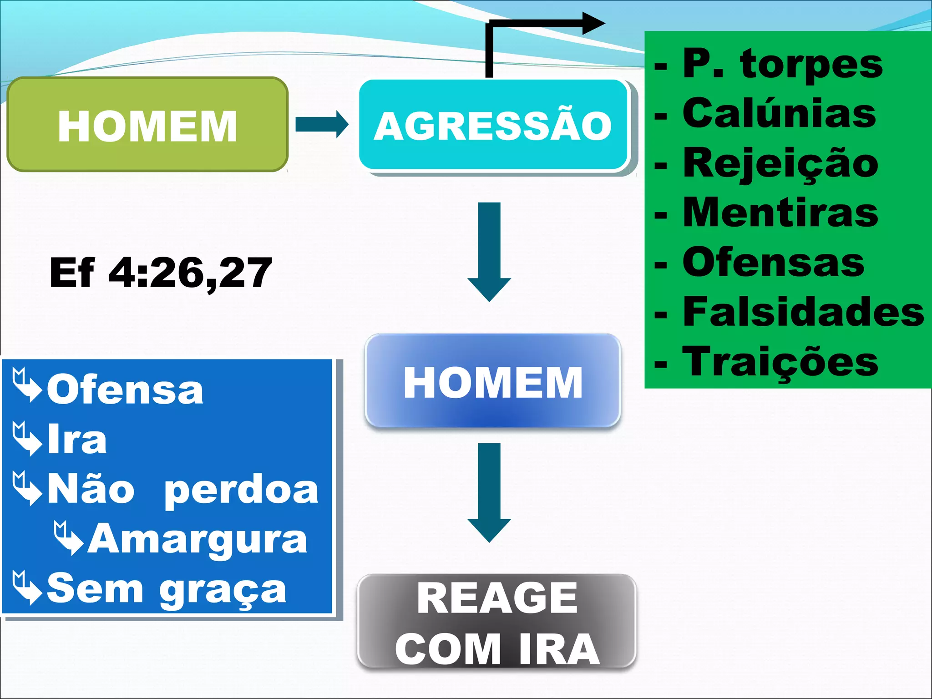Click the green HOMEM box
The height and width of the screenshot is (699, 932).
click(147, 125)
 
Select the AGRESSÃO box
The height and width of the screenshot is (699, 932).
click(493, 126)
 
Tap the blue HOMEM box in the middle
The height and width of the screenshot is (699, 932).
click(493, 381)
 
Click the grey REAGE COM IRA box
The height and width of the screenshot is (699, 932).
click(496, 622)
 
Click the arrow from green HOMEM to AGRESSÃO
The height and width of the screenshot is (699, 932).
click(322, 124)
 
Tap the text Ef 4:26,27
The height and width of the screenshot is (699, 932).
click(160, 273)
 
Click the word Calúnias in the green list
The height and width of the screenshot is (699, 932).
click(779, 113)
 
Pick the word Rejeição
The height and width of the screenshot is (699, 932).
click(780, 164)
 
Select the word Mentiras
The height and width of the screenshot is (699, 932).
click(780, 213)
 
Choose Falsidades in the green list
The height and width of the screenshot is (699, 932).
click(803, 312)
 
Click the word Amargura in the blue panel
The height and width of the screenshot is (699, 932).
click(198, 540)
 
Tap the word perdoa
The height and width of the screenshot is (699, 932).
click(241, 491)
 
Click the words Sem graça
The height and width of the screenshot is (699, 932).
click(167, 589)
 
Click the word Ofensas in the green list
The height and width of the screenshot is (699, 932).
click(773, 263)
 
